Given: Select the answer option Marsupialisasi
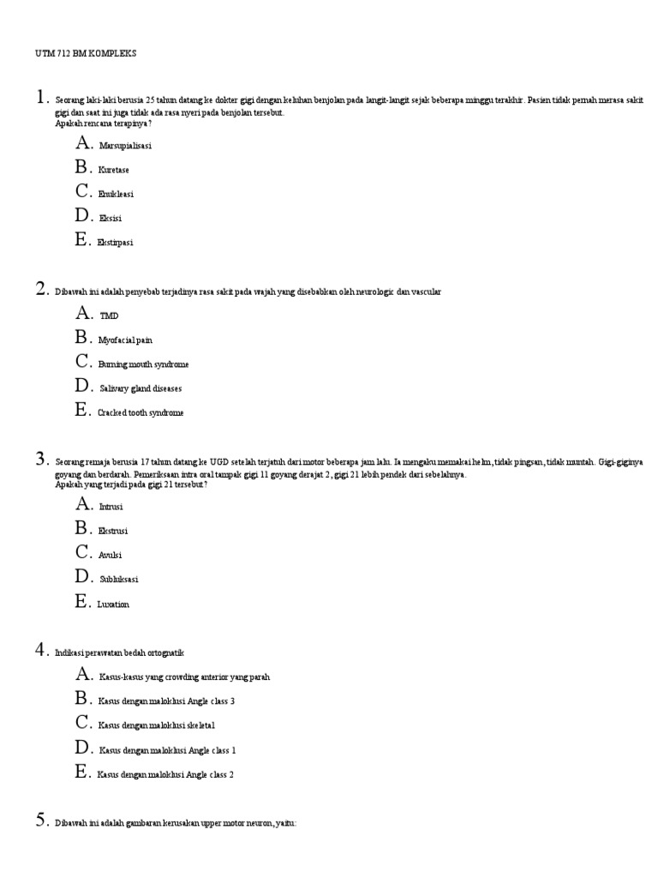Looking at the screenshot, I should pos(125,146).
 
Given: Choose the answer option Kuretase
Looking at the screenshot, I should pos(114,170).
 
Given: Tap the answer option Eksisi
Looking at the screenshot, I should pos(111,218).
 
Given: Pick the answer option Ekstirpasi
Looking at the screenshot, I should pos(116,243).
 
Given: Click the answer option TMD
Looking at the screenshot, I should pos(109,316).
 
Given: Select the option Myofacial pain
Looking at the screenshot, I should pos(125,340).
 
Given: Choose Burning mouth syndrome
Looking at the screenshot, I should pos(143,364).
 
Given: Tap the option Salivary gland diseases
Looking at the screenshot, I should pos(141,388).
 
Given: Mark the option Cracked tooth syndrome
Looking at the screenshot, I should pos(141,412).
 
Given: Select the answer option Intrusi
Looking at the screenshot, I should pos(111,507).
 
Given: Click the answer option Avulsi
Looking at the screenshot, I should pos(111,555).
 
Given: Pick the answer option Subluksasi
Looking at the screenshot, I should pos(118,579).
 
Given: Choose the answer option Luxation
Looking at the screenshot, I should pos(114,604).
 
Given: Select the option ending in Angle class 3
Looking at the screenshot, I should pos(166,701).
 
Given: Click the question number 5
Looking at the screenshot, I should pos(40,821).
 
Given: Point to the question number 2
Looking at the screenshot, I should pos(40,290).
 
